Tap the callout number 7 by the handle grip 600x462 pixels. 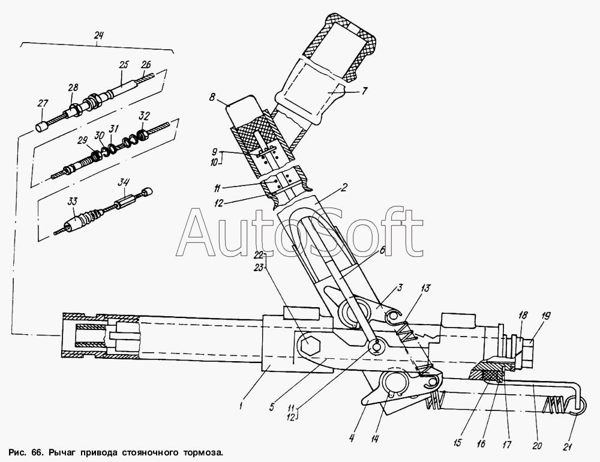(364, 91)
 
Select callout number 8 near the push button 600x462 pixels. (212, 98)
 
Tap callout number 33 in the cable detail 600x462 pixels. (73, 201)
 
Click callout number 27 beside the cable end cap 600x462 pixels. (43, 103)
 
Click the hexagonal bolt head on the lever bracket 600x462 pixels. (309, 346)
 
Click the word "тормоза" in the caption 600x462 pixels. (205, 453)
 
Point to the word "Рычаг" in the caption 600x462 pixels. (62, 454)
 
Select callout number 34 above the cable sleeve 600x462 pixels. (123, 182)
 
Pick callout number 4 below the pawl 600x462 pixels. (352, 437)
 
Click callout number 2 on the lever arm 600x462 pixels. (344, 188)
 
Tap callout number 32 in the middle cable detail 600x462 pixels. (145, 116)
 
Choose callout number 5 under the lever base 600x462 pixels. (271, 406)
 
